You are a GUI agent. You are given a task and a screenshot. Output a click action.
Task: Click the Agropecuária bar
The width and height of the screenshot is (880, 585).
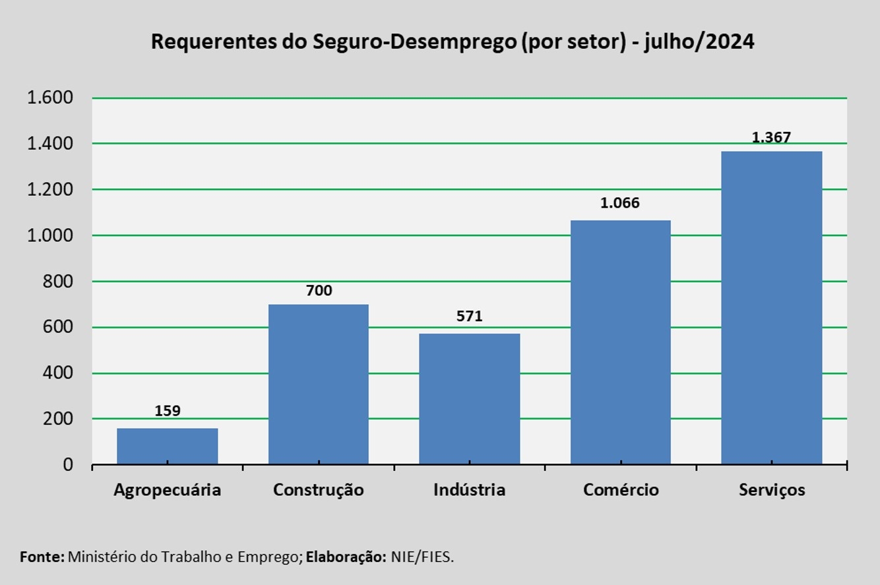pos(168,446)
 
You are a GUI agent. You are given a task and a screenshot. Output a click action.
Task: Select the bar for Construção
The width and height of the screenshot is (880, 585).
pos(319,385)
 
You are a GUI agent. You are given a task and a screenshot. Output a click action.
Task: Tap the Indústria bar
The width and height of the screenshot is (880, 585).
pos(470,399)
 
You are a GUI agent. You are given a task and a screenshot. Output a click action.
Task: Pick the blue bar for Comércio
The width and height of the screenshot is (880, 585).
pos(620,342)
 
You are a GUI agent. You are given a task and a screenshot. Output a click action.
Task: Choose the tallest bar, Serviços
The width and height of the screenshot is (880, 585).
pos(771,308)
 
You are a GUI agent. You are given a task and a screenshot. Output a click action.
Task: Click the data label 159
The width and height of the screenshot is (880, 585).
pos(168,411)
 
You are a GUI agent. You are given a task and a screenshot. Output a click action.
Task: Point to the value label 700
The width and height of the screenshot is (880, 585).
pos(319,291)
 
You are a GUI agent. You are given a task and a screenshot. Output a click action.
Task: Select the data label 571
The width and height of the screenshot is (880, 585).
pos(470,317)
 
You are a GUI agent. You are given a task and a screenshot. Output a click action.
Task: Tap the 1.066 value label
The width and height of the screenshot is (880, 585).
pos(620,203)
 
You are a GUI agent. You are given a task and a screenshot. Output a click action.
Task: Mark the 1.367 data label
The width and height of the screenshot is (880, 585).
pos(771,138)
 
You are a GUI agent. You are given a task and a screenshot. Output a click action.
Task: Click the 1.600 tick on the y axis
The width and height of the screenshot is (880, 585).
pos(49,98)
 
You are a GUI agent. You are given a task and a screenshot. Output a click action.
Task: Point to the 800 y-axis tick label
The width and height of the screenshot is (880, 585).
pos(59,282)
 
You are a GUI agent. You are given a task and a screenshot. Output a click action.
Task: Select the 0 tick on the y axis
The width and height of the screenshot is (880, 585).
pos(68,465)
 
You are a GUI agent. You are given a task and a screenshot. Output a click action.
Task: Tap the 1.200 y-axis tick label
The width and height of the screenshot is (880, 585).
pos(49,190)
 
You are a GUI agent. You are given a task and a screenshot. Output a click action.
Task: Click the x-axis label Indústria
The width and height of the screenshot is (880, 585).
pos(470,490)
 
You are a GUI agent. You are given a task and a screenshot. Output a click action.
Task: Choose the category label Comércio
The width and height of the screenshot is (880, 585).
pos(621,490)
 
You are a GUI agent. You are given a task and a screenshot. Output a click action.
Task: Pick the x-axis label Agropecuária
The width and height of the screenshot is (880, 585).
pos(168,491)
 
